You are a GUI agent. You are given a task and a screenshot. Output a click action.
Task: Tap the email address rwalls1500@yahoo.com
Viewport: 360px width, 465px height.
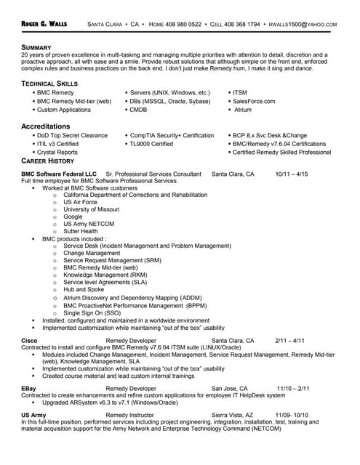[303, 24]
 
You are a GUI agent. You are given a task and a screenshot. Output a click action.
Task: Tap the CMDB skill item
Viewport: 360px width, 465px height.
[138, 110]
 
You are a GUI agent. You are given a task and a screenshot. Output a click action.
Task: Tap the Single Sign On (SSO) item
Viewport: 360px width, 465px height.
[92, 312]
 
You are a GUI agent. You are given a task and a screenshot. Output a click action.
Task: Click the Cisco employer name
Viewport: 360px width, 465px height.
[30, 340]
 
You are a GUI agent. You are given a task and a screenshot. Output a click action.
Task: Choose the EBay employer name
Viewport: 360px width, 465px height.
[29, 388]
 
